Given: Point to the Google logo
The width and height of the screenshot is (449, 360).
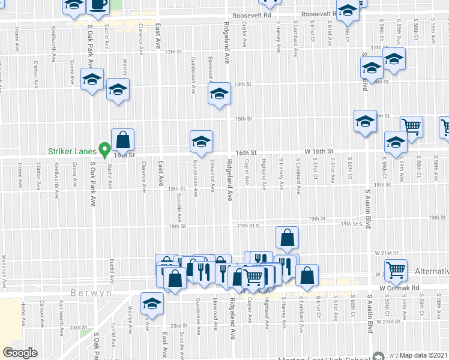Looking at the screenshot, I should point(20,353).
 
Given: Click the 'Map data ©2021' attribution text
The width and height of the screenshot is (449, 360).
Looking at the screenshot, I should point(424,355).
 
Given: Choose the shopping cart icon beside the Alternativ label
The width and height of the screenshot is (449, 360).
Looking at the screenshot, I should point(396,270).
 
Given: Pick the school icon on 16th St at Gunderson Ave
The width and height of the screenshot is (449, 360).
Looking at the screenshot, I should point(201,142).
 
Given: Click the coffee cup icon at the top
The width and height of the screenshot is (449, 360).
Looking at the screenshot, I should point(98,5).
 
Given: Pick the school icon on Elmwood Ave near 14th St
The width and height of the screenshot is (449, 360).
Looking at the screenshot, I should point(219,94).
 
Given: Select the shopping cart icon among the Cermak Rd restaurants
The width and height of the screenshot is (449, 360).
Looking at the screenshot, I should point(253,277).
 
